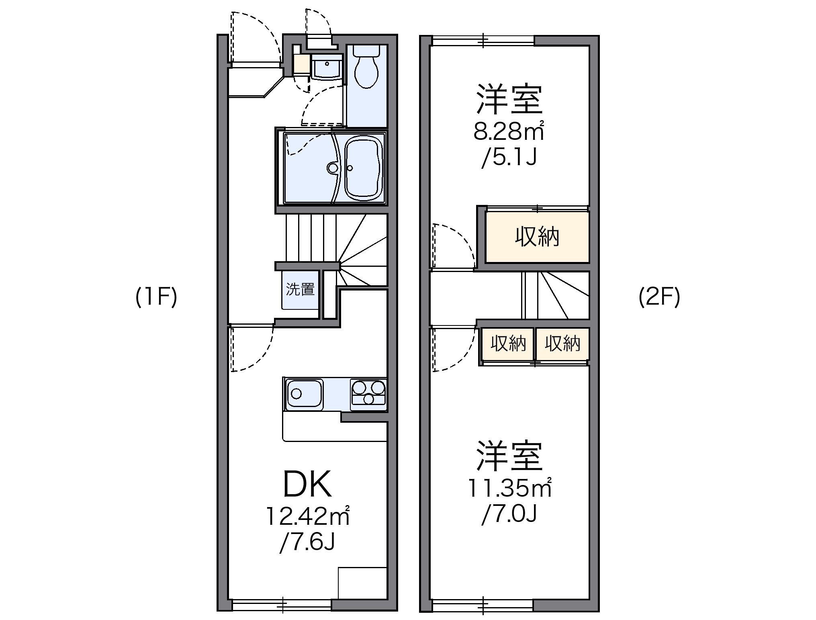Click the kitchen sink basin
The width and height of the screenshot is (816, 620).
[x=304, y=394]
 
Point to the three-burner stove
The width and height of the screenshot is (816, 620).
[x=368, y=393]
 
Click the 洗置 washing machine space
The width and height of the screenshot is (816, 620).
[x=300, y=290]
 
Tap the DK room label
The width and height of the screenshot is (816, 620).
[x=307, y=484]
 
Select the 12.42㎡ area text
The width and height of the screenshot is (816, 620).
[x=307, y=517]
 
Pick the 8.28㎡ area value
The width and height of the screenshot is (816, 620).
[x=509, y=131]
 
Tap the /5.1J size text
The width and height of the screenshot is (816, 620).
[x=509, y=158]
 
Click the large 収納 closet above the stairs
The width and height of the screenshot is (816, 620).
[x=537, y=237]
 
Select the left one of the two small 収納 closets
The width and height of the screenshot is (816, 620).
[x=508, y=344]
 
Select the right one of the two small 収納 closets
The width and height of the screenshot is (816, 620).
[x=562, y=344]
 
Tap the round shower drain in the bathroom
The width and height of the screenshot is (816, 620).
[x=333, y=168]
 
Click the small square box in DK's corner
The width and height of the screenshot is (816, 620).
[x=362, y=588]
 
